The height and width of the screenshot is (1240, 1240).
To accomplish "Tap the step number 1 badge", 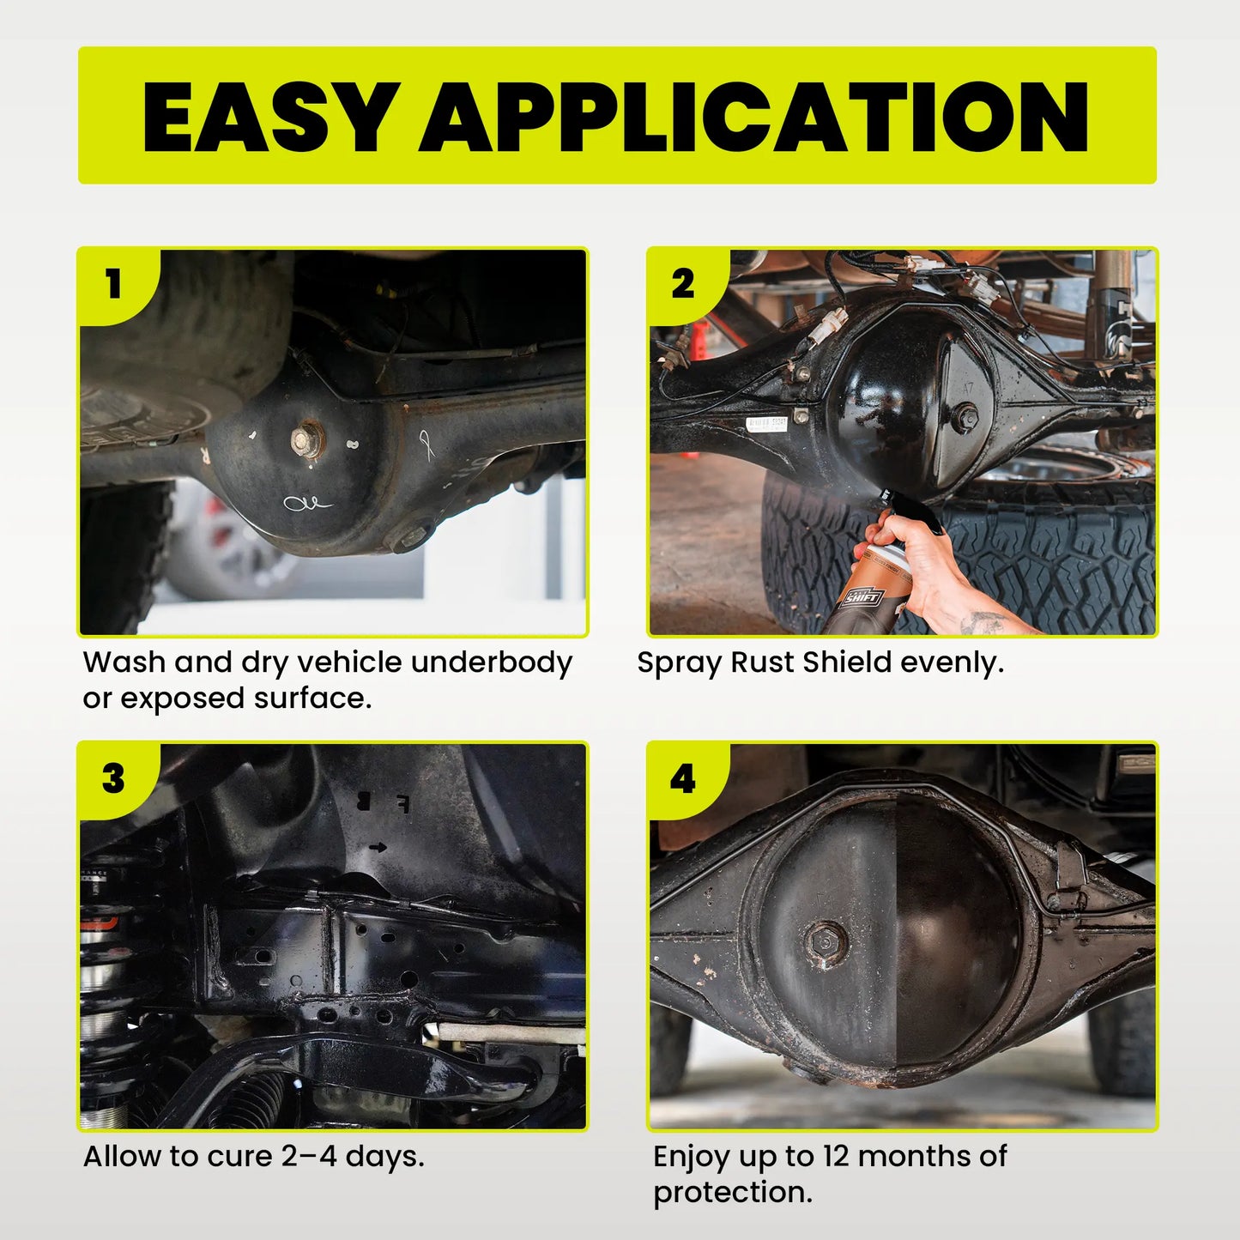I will click(x=113, y=284).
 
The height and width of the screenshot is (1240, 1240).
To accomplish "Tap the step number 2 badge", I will click(x=683, y=284).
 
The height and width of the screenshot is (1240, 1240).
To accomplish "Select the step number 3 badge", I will click(x=113, y=778).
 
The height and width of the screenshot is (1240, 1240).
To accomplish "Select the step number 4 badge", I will click(x=683, y=778).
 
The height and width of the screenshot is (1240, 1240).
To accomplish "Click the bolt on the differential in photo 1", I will click(x=304, y=439).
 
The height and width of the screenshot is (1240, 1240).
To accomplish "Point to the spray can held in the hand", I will click(x=867, y=584).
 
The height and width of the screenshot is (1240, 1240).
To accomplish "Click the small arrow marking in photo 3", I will click(x=378, y=847).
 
